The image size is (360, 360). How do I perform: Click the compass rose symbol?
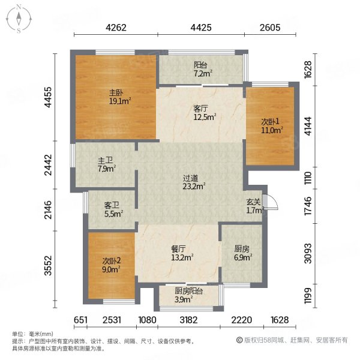[x=19, y=19]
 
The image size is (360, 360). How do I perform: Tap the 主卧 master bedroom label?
[x=116, y=93]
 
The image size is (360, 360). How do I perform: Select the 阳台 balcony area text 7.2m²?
[x=203, y=73]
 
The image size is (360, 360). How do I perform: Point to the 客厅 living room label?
[x=201, y=108]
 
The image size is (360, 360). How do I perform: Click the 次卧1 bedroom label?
[x=270, y=121]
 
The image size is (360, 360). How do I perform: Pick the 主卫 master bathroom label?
[x=105, y=160]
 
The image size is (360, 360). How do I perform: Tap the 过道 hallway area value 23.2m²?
[x=194, y=187]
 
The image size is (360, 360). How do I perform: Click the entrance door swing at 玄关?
[x=271, y=202]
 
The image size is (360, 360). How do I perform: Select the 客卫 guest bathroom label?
[x=112, y=205]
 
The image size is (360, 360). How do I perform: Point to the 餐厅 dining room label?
[x=178, y=249]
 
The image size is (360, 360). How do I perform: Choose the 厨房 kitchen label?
[x=242, y=248]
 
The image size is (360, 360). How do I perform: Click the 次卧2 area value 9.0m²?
[x=112, y=269]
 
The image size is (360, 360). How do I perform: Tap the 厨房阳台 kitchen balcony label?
[x=189, y=291]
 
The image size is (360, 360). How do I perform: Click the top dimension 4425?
[x=201, y=28]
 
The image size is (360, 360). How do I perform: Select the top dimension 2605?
[x=270, y=28]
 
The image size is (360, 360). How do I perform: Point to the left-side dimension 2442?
[x=49, y=165]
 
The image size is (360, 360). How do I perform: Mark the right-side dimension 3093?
[x=308, y=253]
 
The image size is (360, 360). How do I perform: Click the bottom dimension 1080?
[x=147, y=320]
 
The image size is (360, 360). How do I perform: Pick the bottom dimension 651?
[x=80, y=320]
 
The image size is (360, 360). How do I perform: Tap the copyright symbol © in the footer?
[x=239, y=340]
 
